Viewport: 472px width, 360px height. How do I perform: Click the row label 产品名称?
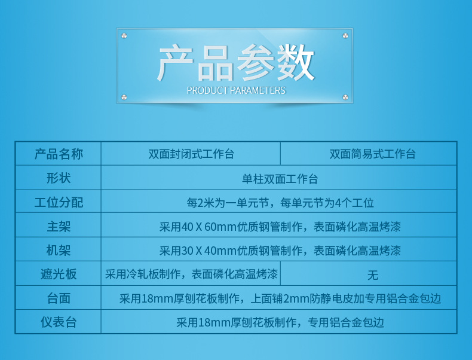click(59, 154)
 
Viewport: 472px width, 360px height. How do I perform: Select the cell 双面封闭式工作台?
click(191, 154)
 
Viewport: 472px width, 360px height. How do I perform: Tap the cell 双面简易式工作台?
click(372, 154)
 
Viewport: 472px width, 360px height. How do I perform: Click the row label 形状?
click(59, 178)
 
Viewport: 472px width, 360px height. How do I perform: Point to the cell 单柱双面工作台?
click(280, 179)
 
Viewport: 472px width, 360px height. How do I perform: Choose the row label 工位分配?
click(59, 202)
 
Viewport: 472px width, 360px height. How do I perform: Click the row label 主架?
click(59, 226)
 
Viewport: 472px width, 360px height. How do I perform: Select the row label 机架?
click(59, 250)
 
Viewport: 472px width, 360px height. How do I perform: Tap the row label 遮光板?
click(59, 274)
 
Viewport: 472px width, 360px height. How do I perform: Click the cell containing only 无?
click(373, 274)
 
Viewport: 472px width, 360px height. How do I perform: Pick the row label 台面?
click(59, 298)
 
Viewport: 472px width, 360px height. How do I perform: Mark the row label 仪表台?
click(59, 322)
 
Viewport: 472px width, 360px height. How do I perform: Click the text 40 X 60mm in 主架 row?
click(209, 227)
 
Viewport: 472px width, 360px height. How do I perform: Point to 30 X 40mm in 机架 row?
click(209, 251)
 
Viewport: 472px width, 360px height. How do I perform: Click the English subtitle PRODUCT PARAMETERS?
click(236, 90)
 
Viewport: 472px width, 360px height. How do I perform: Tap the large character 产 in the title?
click(175, 63)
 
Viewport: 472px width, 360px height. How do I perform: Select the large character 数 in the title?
click(296, 63)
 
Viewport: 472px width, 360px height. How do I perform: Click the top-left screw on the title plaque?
click(124, 36)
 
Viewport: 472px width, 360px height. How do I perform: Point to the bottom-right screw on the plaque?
click(345, 97)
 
